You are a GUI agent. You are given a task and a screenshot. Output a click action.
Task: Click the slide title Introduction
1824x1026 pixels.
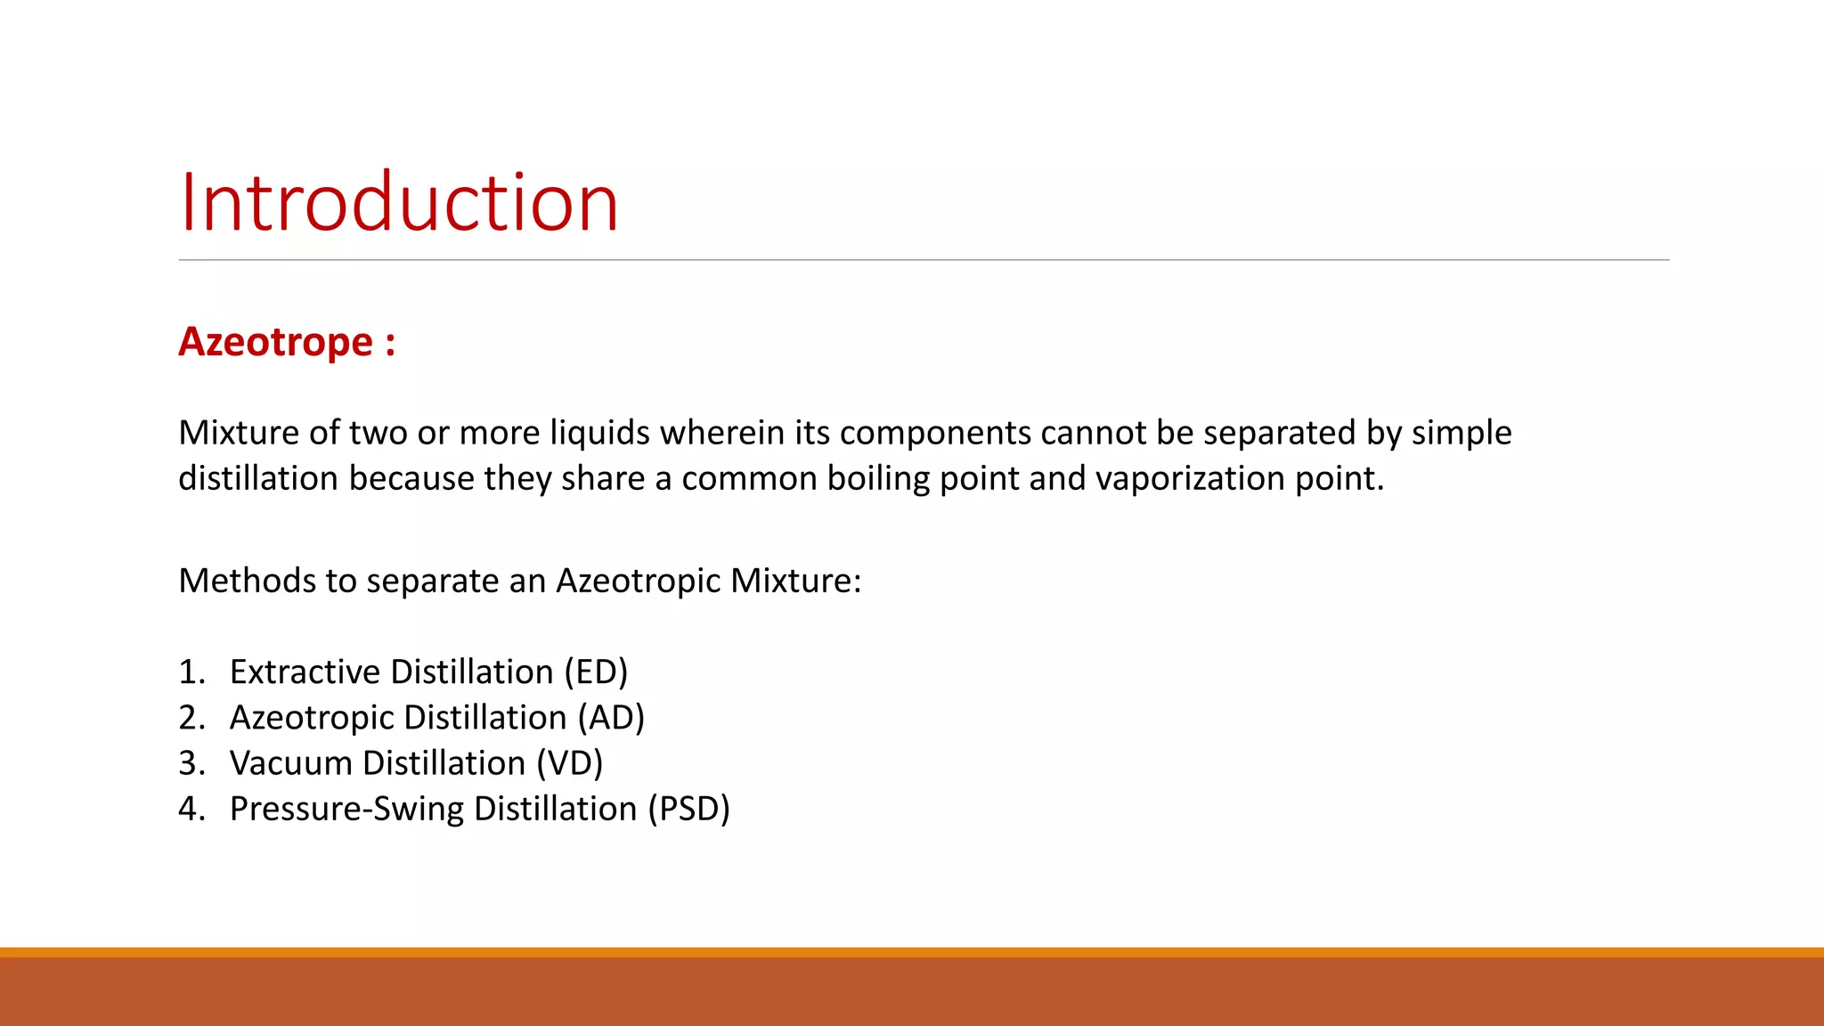pos(398,203)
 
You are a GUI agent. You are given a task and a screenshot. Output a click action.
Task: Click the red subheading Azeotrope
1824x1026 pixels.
pos(276,342)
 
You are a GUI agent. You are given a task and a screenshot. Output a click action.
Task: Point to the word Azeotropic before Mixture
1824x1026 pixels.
pos(638,581)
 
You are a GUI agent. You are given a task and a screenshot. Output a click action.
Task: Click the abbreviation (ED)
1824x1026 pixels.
pos(596,672)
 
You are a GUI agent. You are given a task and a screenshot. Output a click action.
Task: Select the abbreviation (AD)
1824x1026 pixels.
pos(610,718)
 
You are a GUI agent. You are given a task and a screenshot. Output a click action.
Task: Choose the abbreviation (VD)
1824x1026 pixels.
pos(569,763)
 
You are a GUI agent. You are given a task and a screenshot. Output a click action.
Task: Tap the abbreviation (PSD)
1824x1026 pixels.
pos(688,809)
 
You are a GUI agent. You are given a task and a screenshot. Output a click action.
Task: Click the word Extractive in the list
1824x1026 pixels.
pos(305,672)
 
